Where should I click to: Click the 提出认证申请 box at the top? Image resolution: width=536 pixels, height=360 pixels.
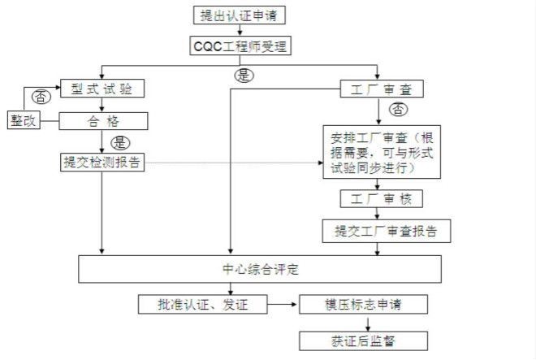click(240, 15)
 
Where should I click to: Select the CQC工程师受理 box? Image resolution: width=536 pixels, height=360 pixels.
click(240, 46)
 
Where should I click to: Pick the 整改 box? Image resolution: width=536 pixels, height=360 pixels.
click(24, 121)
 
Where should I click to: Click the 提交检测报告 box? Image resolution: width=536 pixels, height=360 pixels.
click(102, 163)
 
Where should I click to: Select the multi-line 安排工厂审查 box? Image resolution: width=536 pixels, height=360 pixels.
click(381, 152)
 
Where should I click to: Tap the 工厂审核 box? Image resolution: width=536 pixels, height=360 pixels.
click(381, 198)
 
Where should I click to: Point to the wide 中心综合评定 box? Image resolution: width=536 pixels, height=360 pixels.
click(260, 269)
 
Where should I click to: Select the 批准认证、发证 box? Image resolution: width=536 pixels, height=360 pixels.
click(202, 305)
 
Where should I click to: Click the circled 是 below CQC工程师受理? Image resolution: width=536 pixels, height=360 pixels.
click(244, 76)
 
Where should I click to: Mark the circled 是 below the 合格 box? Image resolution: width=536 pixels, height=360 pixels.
click(119, 142)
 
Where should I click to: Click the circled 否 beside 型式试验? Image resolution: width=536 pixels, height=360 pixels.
click(40, 96)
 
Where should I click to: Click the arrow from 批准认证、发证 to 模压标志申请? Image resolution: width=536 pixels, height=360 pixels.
click(283, 305)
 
